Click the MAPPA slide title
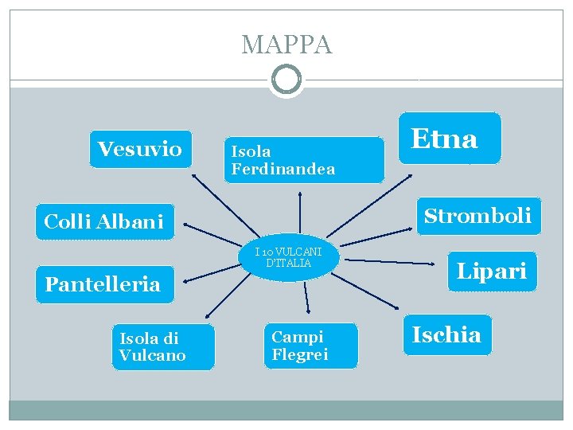(x=286, y=45)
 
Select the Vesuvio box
(x=141, y=149)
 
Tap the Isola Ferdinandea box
(x=303, y=160)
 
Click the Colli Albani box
(x=104, y=221)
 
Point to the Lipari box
(x=491, y=272)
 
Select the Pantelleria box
(x=103, y=283)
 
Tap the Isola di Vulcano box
(x=162, y=347)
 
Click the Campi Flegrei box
(x=310, y=346)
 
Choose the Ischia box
(x=446, y=334)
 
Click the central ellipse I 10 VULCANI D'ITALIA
(x=290, y=258)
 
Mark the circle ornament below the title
(x=286, y=80)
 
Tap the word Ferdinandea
(x=283, y=169)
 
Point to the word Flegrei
(x=300, y=355)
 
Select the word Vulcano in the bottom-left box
(x=153, y=356)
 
